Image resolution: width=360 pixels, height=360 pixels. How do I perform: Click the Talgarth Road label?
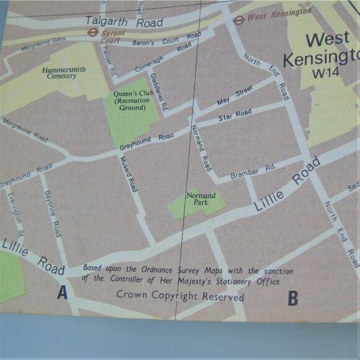[124, 22]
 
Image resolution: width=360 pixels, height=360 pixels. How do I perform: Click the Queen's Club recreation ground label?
[129, 101]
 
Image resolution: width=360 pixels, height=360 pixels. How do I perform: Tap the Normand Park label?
[201, 199]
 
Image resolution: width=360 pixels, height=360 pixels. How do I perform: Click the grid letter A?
[62, 292]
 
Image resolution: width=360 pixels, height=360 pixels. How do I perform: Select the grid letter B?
[292, 299]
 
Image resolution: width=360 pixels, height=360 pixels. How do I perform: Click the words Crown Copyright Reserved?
[180, 296]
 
